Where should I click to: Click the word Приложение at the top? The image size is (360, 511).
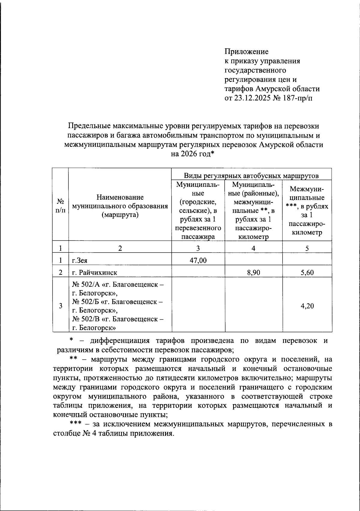pos(247,52)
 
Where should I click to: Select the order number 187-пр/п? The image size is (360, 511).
pos(297,98)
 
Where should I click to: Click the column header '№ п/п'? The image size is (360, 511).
pos(60,206)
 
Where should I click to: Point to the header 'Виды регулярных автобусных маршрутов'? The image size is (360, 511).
pos(251,176)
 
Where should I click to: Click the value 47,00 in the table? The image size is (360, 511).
pos(198,260)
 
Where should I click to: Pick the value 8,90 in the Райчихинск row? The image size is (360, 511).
pos(253,273)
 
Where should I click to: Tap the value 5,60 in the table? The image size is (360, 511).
pos(307,273)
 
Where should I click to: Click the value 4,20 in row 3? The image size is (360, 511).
pos(307,306)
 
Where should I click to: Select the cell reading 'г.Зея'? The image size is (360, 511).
pos(80,261)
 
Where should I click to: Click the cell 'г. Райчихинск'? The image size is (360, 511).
pos(94,273)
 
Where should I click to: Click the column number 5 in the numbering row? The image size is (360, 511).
pos(307,248)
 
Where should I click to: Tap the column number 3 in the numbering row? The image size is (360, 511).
pos(198,248)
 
